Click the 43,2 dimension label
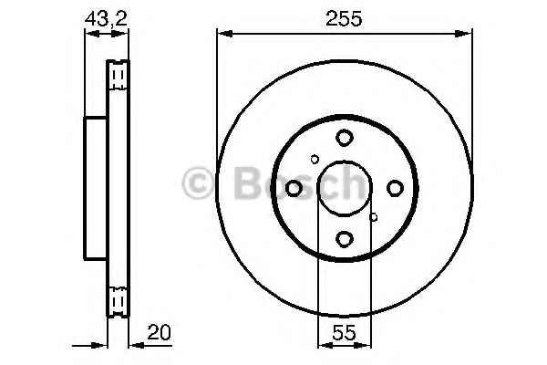[105, 16]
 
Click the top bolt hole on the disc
[344, 138]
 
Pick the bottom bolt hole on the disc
[344, 239]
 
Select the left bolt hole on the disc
[294, 188]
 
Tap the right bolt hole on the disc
[395, 188]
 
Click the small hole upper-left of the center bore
[315, 159]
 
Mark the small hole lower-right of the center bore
[374, 217]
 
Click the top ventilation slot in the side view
[118, 75]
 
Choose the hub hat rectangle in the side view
[96, 188]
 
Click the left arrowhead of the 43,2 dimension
[89, 34]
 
